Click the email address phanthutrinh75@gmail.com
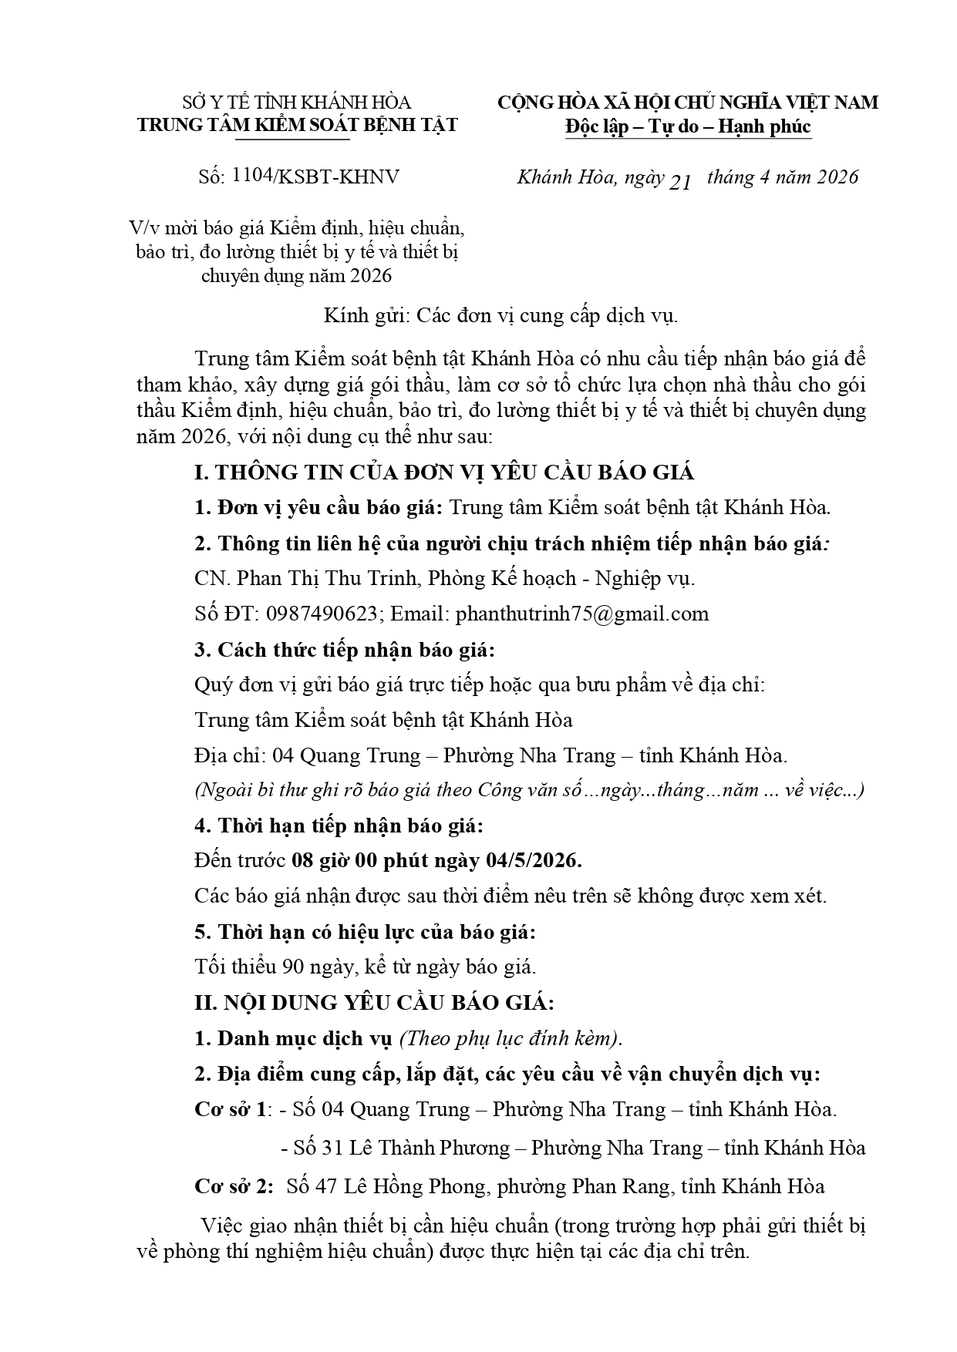click(x=582, y=614)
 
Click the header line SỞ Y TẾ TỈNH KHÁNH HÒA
click(x=297, y=103)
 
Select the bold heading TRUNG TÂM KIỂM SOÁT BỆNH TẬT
click(x=297, y=125)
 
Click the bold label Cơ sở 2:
click(x=234, y=1186)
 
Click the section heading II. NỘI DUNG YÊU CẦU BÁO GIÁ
click(x=373, y=1003)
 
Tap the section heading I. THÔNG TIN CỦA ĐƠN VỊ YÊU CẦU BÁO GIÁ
click(x=443, y=473)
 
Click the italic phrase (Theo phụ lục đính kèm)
click(x=509, y=1038)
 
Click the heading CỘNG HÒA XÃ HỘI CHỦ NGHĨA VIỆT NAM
click(x=688, y=103)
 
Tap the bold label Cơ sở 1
click(x=231, y=1109)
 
